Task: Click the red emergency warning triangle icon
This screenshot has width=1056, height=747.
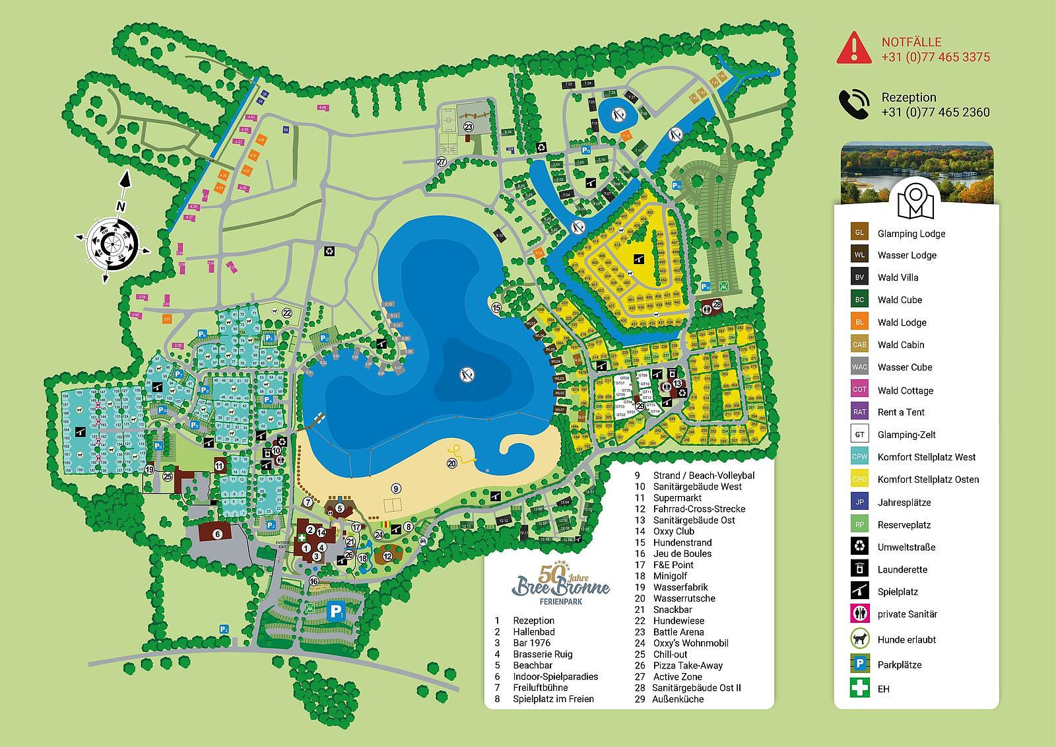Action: [x=854, y=48]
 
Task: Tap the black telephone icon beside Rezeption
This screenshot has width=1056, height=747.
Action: [x=854, y=104]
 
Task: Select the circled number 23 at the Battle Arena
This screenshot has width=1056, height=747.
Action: [x=468, y=127]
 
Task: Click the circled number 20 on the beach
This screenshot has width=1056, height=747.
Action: [x=452, y=464]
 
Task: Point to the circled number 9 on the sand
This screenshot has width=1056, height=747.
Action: [x=395, y=489]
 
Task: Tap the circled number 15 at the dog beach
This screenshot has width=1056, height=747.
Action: [x=496, y=308]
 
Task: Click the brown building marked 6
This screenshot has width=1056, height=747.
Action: [x=216, y=533]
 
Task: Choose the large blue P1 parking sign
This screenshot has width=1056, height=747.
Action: [x=337, y=612]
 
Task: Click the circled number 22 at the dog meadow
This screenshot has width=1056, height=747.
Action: [x=286, y=312]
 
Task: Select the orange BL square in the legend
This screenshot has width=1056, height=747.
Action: [x=859, y=322]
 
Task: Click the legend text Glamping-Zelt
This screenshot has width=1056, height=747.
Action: [x=906, y=435]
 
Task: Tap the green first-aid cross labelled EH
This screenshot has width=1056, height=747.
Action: [x=859, y=688]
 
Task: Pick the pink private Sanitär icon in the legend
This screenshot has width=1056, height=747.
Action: [x=859, y=614]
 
